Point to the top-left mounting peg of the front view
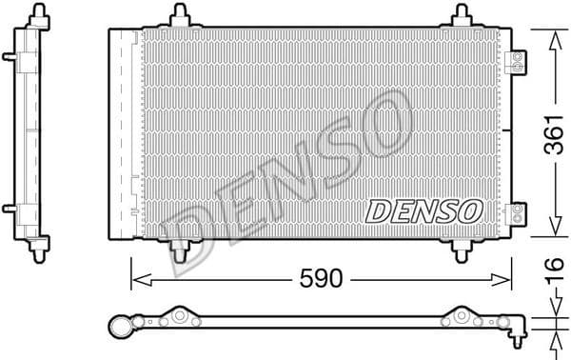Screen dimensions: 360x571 pyautogui.click(x=178, y=16)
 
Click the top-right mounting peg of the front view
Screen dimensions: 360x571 pyautogui.click(x=462, y=16)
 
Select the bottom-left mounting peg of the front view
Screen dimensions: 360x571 pyautogui.click(x=178, y=250)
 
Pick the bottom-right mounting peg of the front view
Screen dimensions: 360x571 pyautogui.click(x=462, y=250)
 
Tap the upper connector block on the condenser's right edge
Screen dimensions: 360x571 pyautogui.click(x=518, y=61)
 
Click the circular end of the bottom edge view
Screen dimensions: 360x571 pyautogui.click(x=121, y=326)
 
